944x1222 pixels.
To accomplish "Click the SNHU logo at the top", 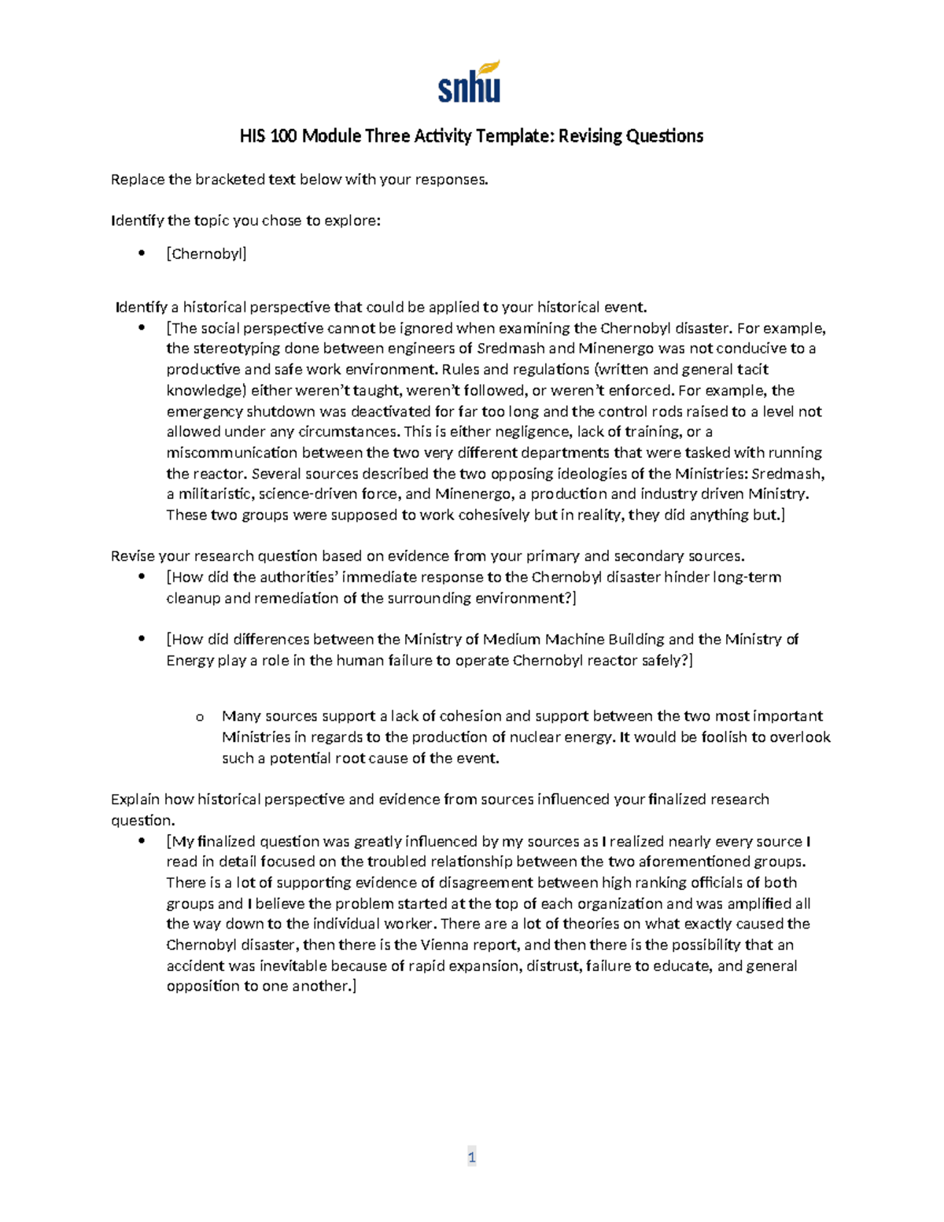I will click(470, 83).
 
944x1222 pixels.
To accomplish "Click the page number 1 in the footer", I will click(471, 1157).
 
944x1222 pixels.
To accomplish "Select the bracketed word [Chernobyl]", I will click(206, 253).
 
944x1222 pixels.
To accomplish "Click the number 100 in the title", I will click(283, 136).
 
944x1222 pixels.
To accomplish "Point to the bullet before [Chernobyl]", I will click(142, 253).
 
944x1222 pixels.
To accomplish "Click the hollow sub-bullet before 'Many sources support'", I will click(199, 717).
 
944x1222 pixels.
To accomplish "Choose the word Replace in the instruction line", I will click(138, 179).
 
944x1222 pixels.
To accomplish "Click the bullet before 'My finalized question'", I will click(142, 841).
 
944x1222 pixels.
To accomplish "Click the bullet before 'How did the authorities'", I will click(142, 577).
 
